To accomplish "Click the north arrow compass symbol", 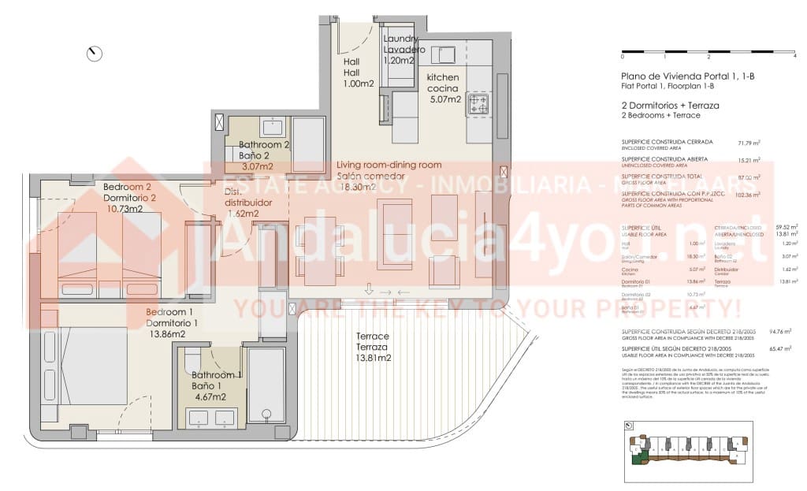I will coord(95,54).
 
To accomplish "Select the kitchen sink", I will coord(446,54).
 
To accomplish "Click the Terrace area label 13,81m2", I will coord(374,359).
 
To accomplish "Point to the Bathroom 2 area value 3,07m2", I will coord(257,166).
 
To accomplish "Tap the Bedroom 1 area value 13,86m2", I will coord(166,334).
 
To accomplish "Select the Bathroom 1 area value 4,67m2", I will coord(209,396).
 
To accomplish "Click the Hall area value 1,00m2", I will coord(359,84).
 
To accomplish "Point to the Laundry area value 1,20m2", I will coord(400,61).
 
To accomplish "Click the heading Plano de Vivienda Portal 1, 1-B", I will coord(688,76).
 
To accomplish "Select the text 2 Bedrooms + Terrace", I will coord(660,115).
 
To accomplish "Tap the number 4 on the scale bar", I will coord(794,58).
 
